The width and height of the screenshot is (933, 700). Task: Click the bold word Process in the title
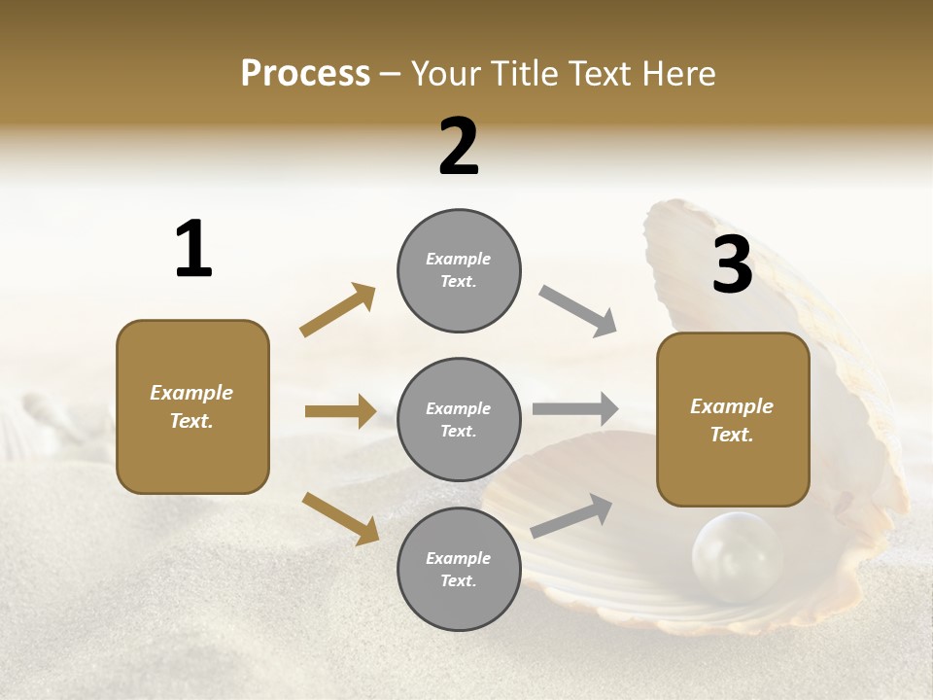point(305,73)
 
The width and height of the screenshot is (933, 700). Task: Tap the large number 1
point(193,249)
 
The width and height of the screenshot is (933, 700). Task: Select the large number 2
point(459,147)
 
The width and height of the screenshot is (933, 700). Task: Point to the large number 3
point(732,264)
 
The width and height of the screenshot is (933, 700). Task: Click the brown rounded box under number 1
point(192,406)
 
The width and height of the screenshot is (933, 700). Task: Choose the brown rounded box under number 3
point(733,419)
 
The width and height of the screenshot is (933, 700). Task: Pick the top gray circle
point(459,270)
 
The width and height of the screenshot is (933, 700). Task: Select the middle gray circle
point(459,419)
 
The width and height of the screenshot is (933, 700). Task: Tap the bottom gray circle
point(459,569)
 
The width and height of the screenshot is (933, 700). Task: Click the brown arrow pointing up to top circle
point(338,310)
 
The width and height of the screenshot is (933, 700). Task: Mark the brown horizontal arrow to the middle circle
point(340,411)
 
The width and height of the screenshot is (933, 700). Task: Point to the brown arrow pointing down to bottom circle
point(340,517)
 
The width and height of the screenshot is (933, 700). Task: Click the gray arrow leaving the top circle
point(577,310)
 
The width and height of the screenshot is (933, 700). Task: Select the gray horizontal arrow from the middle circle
point(575,409)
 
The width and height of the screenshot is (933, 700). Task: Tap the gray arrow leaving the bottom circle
point(572,515)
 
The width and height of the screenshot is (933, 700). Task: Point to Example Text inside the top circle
point(459,270)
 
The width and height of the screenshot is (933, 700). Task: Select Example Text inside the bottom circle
point(459,569)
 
